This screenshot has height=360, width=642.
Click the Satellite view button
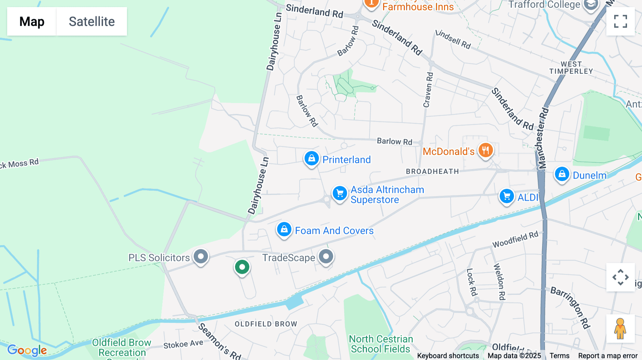[92, 21]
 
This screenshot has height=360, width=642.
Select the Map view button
[32, 21]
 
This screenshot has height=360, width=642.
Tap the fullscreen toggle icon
[620, 21]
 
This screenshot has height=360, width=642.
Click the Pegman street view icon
[620, 328]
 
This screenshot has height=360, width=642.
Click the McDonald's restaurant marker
[485, 150]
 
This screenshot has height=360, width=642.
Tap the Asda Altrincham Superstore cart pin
[340, 194]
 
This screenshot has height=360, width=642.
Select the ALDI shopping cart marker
[506, 196]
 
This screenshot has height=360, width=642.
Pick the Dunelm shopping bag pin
[562, 174]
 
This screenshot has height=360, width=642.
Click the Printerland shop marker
[311, 159]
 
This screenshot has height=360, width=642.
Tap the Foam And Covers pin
[284, 230]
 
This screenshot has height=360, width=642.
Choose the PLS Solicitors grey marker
[201, 256]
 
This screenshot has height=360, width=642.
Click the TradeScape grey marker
[326, 256]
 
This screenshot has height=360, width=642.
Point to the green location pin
[242, 267]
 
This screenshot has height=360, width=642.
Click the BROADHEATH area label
[432, 171]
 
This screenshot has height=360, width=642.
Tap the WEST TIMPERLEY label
[571, 68]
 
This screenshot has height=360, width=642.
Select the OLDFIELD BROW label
[266, 324]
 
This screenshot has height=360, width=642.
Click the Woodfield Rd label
[515, 240]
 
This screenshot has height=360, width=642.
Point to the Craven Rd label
[428, 90]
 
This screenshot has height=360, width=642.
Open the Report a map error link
[608, 356]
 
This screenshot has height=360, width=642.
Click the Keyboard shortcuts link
[448, 356]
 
